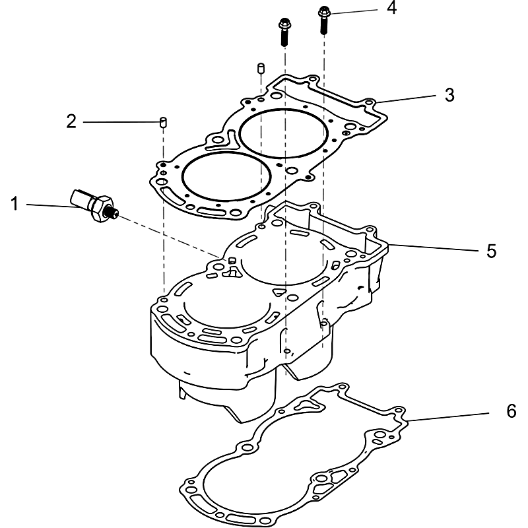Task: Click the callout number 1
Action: (x=14, y=205)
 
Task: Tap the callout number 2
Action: (x=71, y=121)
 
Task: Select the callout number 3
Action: (x=449, y=94)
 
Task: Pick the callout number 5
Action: (x=491, y=251)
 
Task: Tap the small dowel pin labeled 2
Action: (x=162, y=121)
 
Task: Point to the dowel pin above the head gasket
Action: (x=260, y=68)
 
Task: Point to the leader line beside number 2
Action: (x=121, y=122)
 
